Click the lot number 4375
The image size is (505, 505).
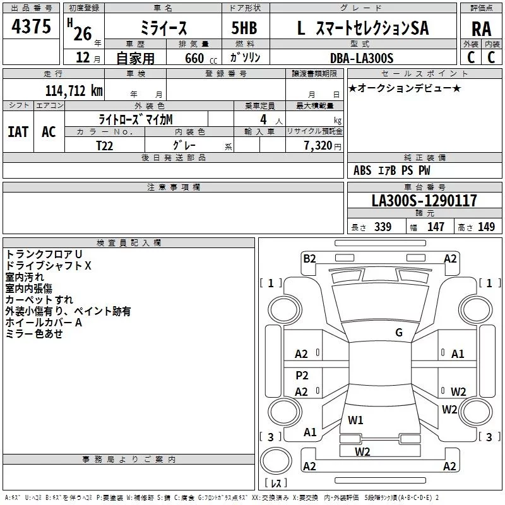click(x=32, y=27)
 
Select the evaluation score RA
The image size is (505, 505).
click(x=481, y=29)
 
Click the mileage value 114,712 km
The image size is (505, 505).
click(x=74, y=90)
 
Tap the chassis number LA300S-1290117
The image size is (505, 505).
click(x=424, y=201)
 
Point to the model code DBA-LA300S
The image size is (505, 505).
click(x=361, y=58)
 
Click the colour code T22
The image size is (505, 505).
click(x=105, y=145)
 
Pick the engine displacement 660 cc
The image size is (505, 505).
click(x=191, y=58)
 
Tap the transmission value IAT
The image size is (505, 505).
click(x=18, y=132)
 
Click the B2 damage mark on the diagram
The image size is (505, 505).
click(x=309, y=258)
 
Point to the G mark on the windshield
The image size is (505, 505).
click(x=399, y=333)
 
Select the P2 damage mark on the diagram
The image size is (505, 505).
click(x=302, y=376)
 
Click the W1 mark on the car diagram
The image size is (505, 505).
click(x=355, y=420)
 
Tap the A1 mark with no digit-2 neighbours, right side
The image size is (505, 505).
click(x=458, y=354)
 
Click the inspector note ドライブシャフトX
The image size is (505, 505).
click(x=49, y=266)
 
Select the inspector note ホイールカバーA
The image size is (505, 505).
click(x=44, y=323)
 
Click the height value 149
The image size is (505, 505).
click(x=486, y=227)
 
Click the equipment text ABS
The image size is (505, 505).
click(x=362, y=170)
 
